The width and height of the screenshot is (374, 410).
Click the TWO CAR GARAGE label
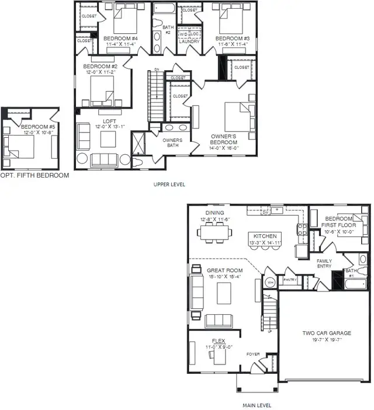tap(322, 333)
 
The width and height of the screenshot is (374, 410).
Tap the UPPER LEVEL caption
tap(169, 185)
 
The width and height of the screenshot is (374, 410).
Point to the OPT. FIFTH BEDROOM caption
tap(34, 175)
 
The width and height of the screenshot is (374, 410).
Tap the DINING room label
tap(214, 213)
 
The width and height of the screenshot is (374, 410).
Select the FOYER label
tap(253, 354)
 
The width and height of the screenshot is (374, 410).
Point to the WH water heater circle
tap(270, 283)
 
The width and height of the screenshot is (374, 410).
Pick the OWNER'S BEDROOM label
tap(224, 139)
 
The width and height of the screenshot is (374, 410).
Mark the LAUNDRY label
tap(189, 41)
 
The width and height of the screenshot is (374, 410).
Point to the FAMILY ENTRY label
tap(324, 264)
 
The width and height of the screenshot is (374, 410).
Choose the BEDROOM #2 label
tap(100, 66)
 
